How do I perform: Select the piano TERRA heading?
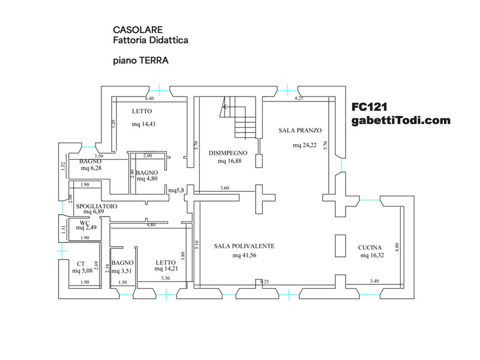[140, 61]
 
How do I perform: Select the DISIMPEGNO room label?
[228, 153]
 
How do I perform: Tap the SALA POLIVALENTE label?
[244, 246]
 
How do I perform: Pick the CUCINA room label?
[372, 247]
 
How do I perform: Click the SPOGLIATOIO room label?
[97, 206]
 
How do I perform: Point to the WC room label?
[84, 223]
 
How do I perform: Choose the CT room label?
[80, 263]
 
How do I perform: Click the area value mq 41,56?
[245, 256]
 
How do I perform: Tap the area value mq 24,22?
[305, 145]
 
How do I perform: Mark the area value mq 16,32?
[373, 256]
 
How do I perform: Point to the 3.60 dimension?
[224, 188]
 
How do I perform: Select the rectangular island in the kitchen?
[340, 246]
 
